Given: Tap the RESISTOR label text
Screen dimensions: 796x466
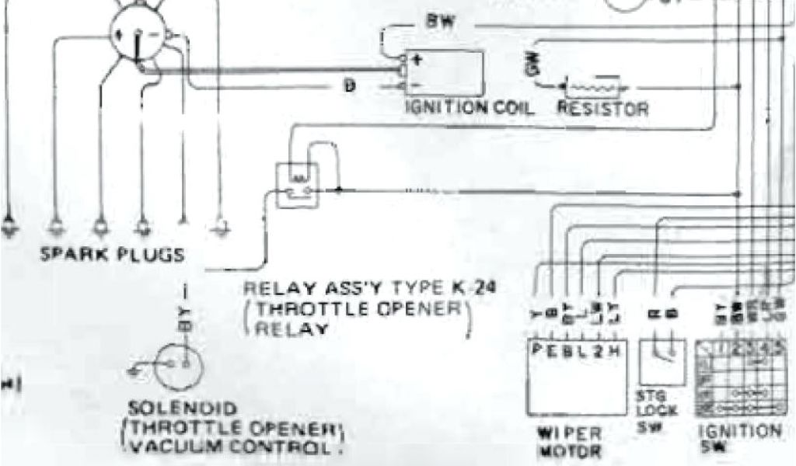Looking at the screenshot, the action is (x=602, y=109).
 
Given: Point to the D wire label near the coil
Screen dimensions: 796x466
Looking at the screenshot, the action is (x=351, y=86).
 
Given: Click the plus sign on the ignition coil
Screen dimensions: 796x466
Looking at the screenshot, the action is (x=417, y=58).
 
